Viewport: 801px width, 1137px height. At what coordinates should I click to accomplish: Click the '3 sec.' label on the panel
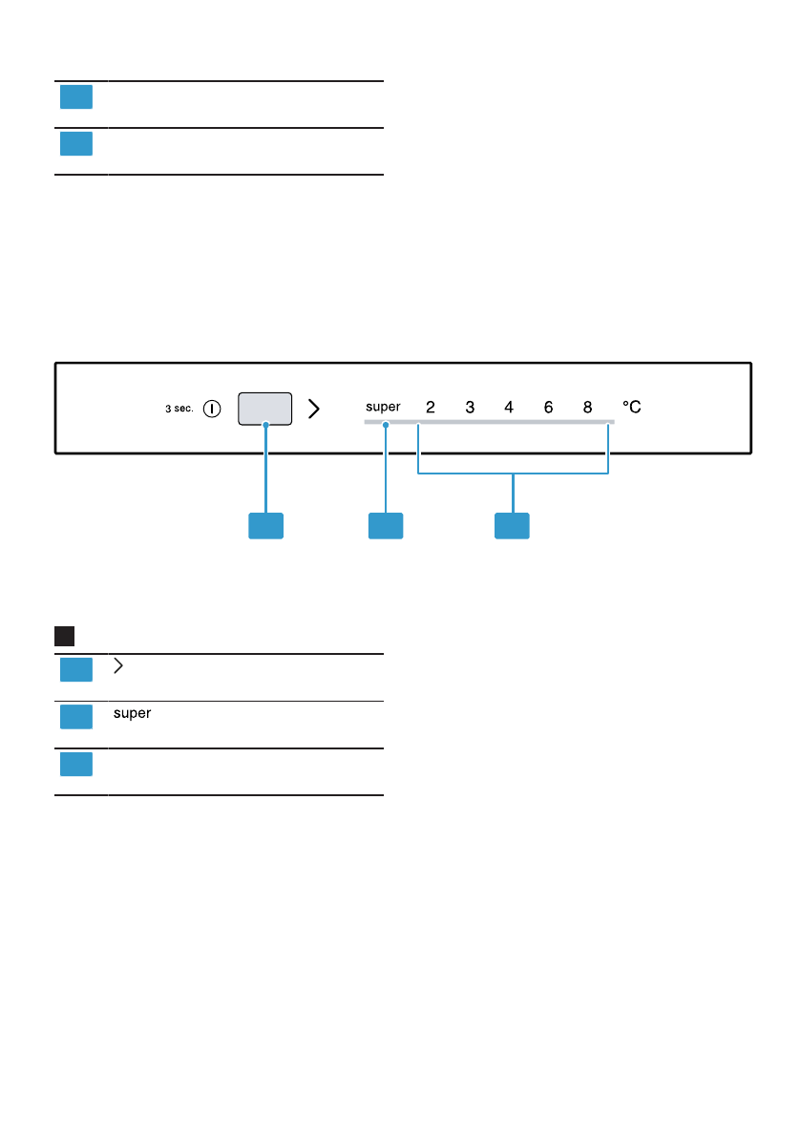pos(179,409)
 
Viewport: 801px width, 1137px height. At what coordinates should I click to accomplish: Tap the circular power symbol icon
pos(212,409)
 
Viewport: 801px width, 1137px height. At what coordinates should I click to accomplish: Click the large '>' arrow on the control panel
pos(313,409)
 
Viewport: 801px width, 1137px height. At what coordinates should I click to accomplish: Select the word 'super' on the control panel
pos(383,407)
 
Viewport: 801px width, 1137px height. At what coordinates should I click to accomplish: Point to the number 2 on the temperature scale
pos(431,407)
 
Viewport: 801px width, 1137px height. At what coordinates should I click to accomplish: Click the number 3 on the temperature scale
pos(470,407)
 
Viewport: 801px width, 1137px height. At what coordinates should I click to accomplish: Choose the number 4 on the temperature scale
pos(509,407)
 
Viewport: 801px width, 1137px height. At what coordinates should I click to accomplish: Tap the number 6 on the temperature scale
pos(548,407)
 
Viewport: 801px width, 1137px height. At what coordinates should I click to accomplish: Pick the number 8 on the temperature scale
pos(587,407)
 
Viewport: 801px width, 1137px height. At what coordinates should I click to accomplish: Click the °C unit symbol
pos(632,407)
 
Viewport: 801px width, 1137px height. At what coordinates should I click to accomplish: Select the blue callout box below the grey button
pos(266,526)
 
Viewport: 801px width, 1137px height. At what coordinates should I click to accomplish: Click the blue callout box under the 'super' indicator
pos(386,526)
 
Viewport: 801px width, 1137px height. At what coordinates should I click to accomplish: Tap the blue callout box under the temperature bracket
pos(512,526)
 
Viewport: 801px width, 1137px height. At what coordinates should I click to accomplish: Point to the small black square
pos(65,637)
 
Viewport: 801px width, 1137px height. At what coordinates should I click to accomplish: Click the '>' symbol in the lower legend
pos(118,666)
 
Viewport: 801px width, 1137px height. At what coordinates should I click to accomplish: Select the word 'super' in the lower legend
pos(133,713)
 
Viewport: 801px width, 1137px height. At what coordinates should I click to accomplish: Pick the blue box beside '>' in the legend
pos(76,670)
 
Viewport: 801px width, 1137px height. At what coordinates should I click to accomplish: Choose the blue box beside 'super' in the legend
pos(76,717)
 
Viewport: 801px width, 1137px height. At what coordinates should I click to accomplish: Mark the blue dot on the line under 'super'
pos(386,426)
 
